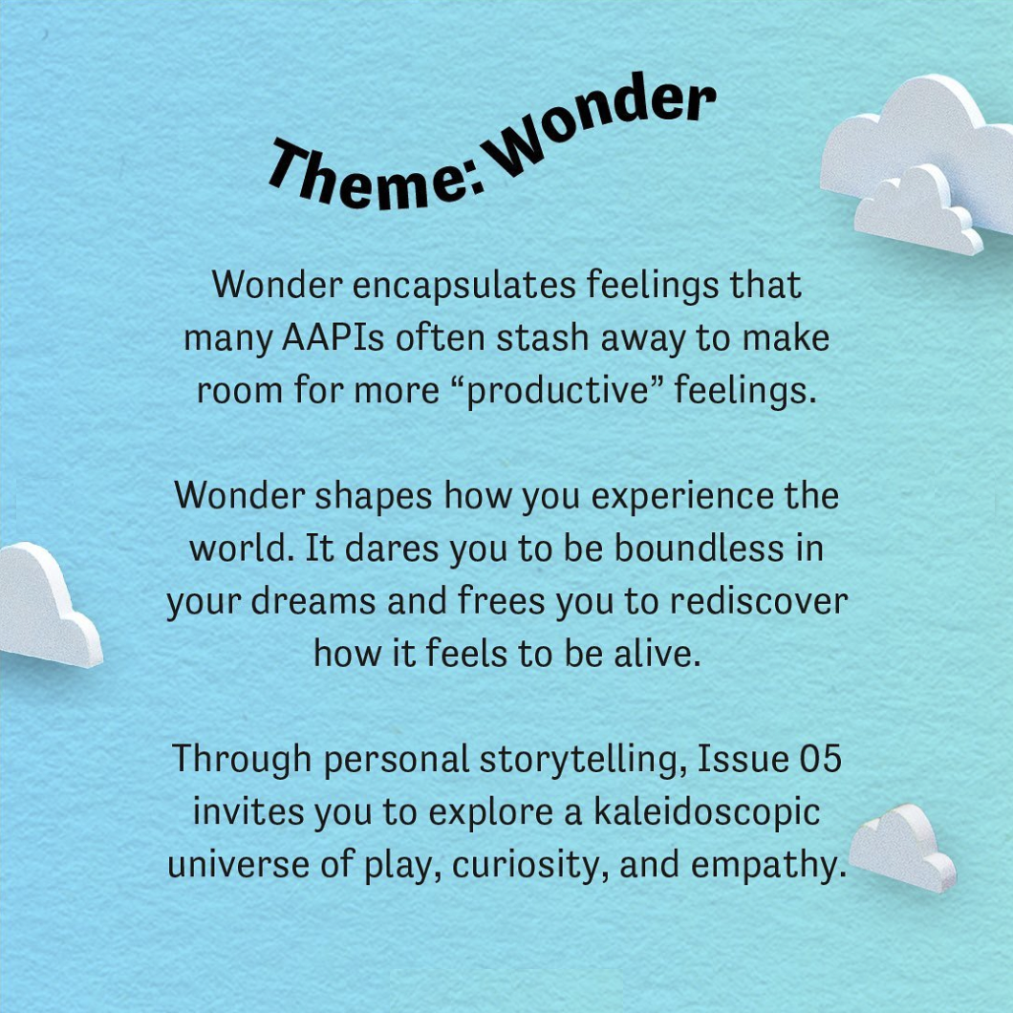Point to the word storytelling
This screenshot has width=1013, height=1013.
point(583,760)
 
